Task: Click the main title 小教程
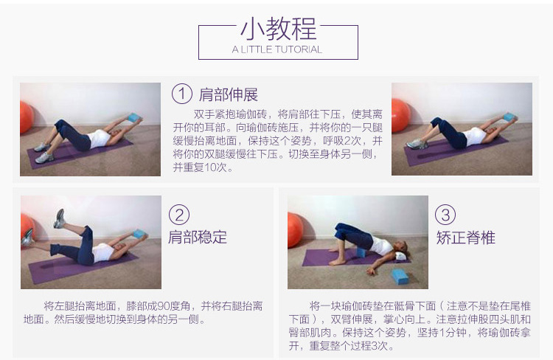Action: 278,29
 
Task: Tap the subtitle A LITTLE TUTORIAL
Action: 277,49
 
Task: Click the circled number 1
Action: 182,94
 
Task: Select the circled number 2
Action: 179,215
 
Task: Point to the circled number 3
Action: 445,215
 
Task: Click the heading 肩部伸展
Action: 228,94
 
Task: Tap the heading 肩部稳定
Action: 197,237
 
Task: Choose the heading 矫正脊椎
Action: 465,238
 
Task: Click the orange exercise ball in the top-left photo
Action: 26,117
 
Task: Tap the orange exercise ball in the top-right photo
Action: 401,115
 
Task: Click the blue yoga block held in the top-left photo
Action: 134,117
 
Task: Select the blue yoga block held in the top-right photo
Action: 510,117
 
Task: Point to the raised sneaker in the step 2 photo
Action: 59,218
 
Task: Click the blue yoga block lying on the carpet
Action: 399,277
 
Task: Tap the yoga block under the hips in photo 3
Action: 361,253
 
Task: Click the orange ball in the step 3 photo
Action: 295,229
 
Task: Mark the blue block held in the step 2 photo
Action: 139,234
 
